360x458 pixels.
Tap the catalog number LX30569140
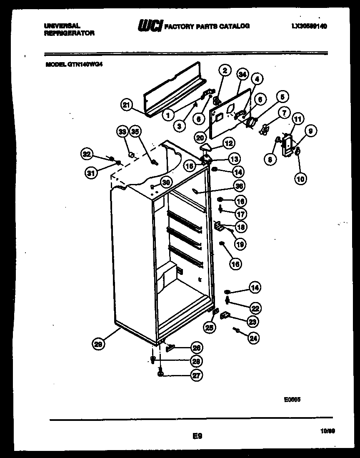click(x=309, y=26)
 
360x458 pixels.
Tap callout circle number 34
click(x=242, y=75)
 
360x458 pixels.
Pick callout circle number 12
click(x=228, y=143)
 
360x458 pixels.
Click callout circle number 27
click(x=196, y=375)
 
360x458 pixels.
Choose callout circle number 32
click(x=86, y=154)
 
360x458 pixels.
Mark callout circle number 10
click(x=300, y=179)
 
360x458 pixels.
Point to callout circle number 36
click(x=239, y=186)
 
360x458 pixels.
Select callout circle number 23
click(x=252, y=322)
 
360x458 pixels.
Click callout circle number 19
click(x=240, y=244)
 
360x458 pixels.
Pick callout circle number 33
click(x=122, y=132)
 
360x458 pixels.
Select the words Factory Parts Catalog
click(x=207, y=26)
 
